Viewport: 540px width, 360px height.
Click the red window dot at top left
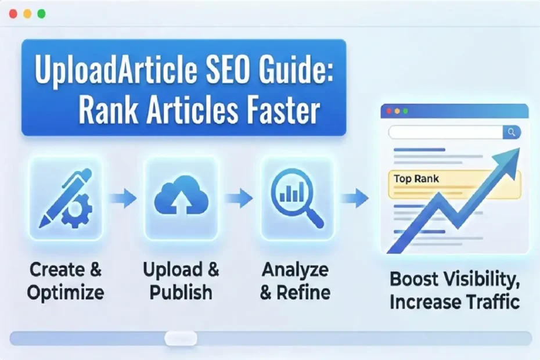(13, 13)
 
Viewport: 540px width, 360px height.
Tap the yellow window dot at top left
(27, 13)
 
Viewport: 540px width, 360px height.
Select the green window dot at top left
(41, 13)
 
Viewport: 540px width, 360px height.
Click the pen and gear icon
(64, 198)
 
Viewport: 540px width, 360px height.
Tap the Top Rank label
(416, 178)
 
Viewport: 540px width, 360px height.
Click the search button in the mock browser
(512, 132)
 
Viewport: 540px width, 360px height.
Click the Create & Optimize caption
(66, 280)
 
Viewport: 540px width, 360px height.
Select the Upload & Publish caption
(181, 280)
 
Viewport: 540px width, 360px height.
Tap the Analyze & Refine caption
(294, 280)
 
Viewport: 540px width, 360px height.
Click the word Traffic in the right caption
(491, 303)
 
